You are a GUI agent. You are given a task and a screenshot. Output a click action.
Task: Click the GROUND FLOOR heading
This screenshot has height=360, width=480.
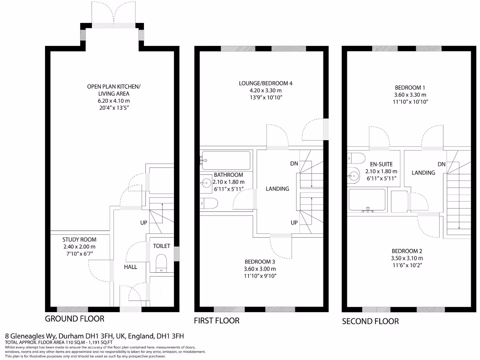tap(75, 319)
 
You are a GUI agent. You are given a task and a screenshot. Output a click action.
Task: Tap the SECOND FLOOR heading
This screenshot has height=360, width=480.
tap(370, 321)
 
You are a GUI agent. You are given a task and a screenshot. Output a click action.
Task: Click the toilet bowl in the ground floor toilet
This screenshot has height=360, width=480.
tap(161, 262)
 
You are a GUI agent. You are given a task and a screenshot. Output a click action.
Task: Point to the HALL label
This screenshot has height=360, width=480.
tap(131, 267)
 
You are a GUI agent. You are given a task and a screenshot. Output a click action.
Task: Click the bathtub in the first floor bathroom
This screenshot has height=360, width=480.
tap(226, 160)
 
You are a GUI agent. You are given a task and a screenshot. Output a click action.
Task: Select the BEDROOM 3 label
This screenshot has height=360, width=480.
tap(260, 262)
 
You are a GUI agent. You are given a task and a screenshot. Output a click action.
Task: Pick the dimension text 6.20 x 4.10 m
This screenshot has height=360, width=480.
tap(113, 101)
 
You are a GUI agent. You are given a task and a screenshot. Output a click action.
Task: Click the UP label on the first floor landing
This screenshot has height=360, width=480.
tap(294, 222)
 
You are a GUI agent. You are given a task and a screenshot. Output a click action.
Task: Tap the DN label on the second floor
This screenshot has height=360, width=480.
tap(442, 164)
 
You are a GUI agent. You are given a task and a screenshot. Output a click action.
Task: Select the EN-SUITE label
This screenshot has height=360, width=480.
tap(381, 165)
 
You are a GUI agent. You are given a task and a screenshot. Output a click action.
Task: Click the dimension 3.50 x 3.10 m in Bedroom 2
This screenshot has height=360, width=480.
tap(407, 258)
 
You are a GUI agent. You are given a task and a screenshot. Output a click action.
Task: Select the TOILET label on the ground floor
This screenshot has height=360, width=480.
tap(161, 246)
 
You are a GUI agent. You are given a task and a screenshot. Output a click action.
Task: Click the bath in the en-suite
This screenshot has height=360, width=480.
tap(367, 200)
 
